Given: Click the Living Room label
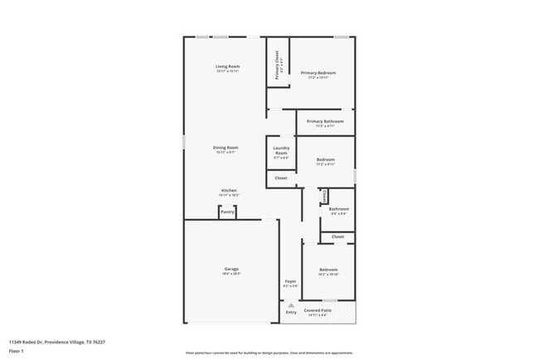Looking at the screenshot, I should click(x=228, y=66).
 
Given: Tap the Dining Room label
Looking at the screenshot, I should click(x=226, y=148).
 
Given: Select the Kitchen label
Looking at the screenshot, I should click(x=228, y=190).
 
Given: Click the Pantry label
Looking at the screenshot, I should click(x=227, y=212).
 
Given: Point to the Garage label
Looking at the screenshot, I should click(x=231, y=269).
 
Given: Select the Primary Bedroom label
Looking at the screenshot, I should click(x=318, y=73).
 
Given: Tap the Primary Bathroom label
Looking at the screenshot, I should click(x=325, y=122).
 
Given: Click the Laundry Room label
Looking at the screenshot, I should click(x=281, y=151).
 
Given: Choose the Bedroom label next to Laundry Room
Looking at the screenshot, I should click(x=325, y=159).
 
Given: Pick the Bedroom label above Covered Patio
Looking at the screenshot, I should click(x=328, y=270).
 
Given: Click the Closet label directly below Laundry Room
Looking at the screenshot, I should click(x=281, y=178).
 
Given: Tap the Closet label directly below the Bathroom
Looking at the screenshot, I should click(x=337, y=236).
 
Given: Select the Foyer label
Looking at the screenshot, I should click(x=290, y=281).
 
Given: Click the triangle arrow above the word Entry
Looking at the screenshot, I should click(x=291, y=304).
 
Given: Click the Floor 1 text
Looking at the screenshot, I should click(x=17, y=349).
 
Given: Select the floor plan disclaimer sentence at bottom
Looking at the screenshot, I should click(x=269, y=353).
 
